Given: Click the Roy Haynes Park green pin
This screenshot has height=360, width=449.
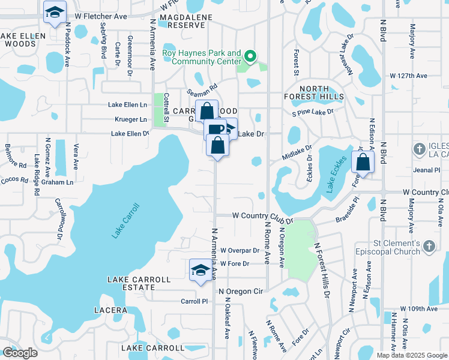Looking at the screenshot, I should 251,58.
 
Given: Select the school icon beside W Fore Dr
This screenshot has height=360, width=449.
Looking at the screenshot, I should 200,270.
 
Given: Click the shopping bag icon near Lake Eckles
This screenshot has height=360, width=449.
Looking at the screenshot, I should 364,161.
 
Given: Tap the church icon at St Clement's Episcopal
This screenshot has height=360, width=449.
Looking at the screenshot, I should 429,246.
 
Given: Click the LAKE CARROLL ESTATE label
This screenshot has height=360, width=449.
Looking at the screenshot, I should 139,283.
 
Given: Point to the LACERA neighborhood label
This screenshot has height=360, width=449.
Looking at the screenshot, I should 110,310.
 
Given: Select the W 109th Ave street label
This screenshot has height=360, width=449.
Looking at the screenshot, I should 420,308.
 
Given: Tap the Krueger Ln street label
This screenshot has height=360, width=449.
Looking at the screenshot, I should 127,119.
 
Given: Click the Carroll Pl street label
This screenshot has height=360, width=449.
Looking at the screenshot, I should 194,301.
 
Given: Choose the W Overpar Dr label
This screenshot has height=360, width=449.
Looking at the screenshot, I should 240,250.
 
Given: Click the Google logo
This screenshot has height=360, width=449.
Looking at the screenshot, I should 20,353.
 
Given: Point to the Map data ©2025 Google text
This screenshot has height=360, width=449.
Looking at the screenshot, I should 412,355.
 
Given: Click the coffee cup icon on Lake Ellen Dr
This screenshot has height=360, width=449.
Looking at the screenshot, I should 214,129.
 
